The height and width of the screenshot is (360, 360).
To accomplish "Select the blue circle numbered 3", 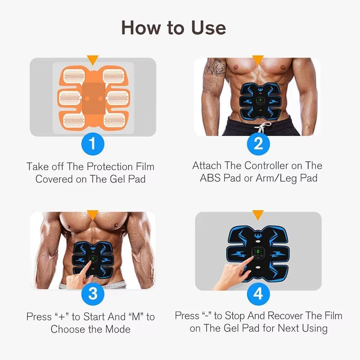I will (93, 294).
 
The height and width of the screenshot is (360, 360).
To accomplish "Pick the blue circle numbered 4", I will (258, 294).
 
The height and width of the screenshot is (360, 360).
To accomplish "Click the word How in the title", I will (143, 28).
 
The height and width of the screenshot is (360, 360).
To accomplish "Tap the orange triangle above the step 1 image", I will (93, 59).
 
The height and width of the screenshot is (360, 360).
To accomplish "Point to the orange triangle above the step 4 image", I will (258, 215).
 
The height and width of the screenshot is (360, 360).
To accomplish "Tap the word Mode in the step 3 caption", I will (116, 329).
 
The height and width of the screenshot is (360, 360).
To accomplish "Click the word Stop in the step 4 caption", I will (239, 315).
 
